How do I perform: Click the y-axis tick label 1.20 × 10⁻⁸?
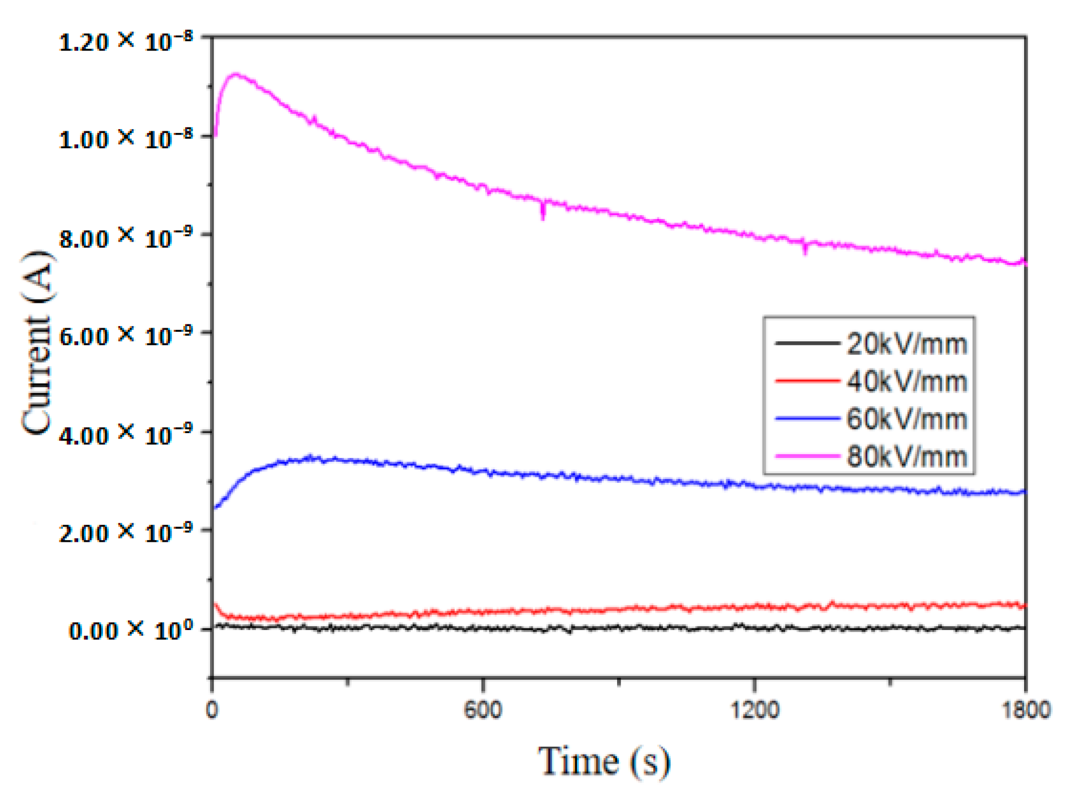(126, 41)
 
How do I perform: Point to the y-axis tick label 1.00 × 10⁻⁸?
(126, 139)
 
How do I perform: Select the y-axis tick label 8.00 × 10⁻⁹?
(126, 238)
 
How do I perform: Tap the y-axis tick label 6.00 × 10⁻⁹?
(126, 336)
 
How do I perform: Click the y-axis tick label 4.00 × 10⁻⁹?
(126, 435)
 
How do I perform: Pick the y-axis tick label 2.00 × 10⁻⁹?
(126, 533)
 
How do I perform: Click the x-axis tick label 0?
(212, 709)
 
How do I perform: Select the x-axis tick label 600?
(483, 709)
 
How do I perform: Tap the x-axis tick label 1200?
(754, 709)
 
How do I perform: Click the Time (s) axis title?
(604, 761)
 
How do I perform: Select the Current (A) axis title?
(37, 343)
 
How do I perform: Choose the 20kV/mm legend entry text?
(906, 344)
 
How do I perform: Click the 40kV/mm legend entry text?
(906, 382)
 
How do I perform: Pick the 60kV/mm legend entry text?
(906, 419)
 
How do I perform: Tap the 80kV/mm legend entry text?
(906, 456)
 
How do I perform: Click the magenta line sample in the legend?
(807, 456)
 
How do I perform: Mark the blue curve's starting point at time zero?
(214, 508)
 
